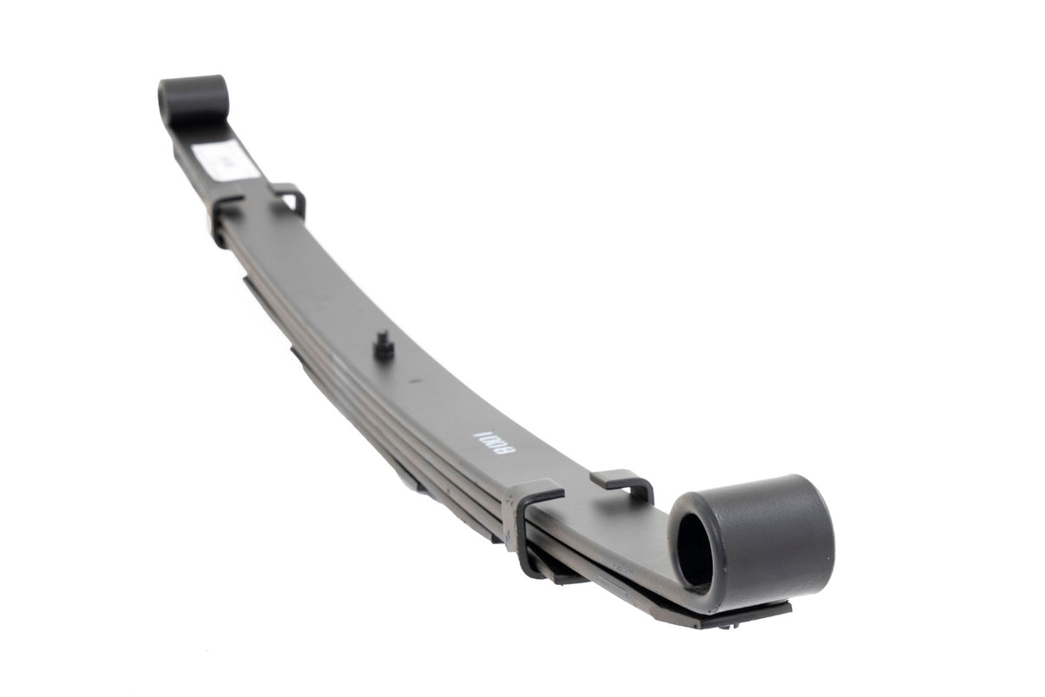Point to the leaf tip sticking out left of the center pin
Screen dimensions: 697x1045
coord(299,354)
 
